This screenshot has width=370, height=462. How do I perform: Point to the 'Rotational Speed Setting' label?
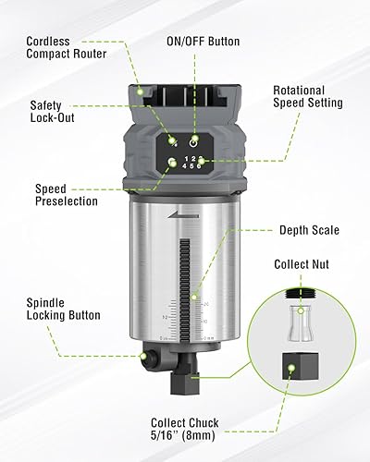pos(307,97)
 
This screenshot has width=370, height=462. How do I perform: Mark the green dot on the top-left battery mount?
pos(140,91)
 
